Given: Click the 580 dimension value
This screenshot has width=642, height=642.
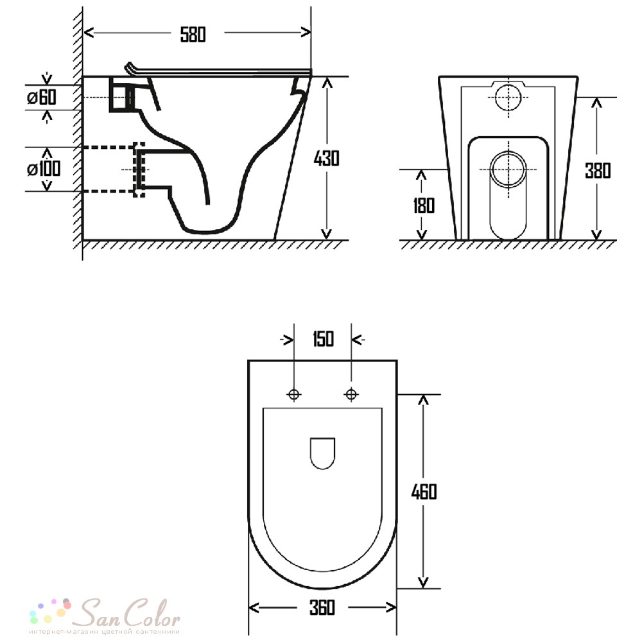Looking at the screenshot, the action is point(193,35).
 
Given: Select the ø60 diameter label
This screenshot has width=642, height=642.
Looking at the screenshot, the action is point(42,98).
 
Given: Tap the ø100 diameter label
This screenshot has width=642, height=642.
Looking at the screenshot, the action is point(44,169).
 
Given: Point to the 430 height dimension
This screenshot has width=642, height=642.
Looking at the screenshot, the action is point(327,159).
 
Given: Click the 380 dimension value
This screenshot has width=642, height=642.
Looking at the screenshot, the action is point(598,171).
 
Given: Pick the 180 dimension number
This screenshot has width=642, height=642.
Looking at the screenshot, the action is point(423,205).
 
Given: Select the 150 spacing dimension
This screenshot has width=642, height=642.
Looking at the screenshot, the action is point(323,339).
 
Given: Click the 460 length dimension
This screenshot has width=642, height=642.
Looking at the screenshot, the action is point(424,492).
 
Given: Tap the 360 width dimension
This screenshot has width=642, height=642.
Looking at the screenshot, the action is point(322,607).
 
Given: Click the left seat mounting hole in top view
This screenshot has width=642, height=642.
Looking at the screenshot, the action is point(293,394).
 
